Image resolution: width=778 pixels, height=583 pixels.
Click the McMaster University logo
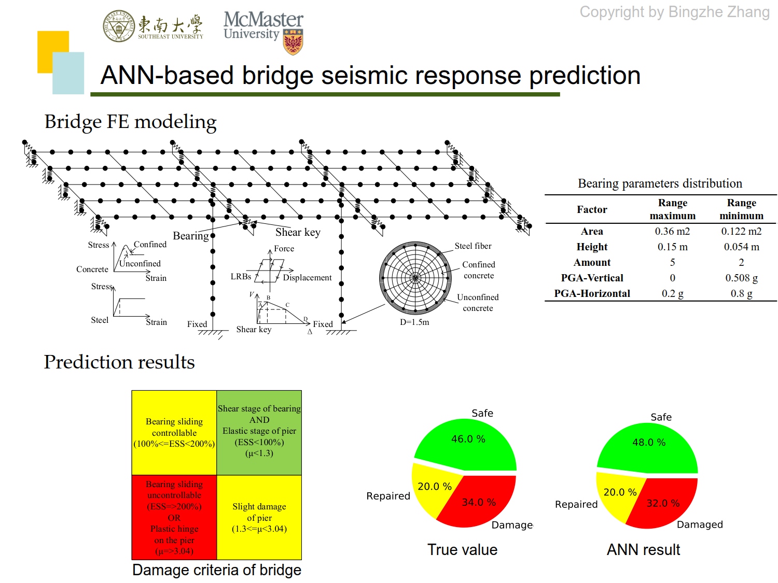[263, 31]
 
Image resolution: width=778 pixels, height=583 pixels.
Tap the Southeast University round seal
[119, 26]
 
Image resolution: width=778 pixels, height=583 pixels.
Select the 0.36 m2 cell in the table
[672, 231]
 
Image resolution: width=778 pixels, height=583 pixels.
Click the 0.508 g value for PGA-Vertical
[741, 278]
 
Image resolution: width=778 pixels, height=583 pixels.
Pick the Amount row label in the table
[592, 262]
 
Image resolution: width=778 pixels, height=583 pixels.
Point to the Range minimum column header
[741, 209]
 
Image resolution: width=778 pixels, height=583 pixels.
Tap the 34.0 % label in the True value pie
[479, 502]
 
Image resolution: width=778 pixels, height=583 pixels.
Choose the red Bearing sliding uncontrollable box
[174, 517]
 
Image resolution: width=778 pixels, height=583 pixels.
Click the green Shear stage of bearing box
[259, 432]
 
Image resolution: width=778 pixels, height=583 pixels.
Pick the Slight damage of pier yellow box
[259, 517]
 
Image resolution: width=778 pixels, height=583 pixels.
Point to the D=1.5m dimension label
[414, 322]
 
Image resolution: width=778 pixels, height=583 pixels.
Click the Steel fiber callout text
[473, 246]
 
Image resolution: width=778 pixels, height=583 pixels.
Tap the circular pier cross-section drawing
[415, 278]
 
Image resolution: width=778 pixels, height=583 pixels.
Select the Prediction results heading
[119, 362]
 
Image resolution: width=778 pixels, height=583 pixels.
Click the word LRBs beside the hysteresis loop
[241, 277]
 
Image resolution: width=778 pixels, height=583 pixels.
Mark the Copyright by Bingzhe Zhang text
[674, 12]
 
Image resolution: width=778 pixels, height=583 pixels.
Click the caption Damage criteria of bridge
[217, 570]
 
